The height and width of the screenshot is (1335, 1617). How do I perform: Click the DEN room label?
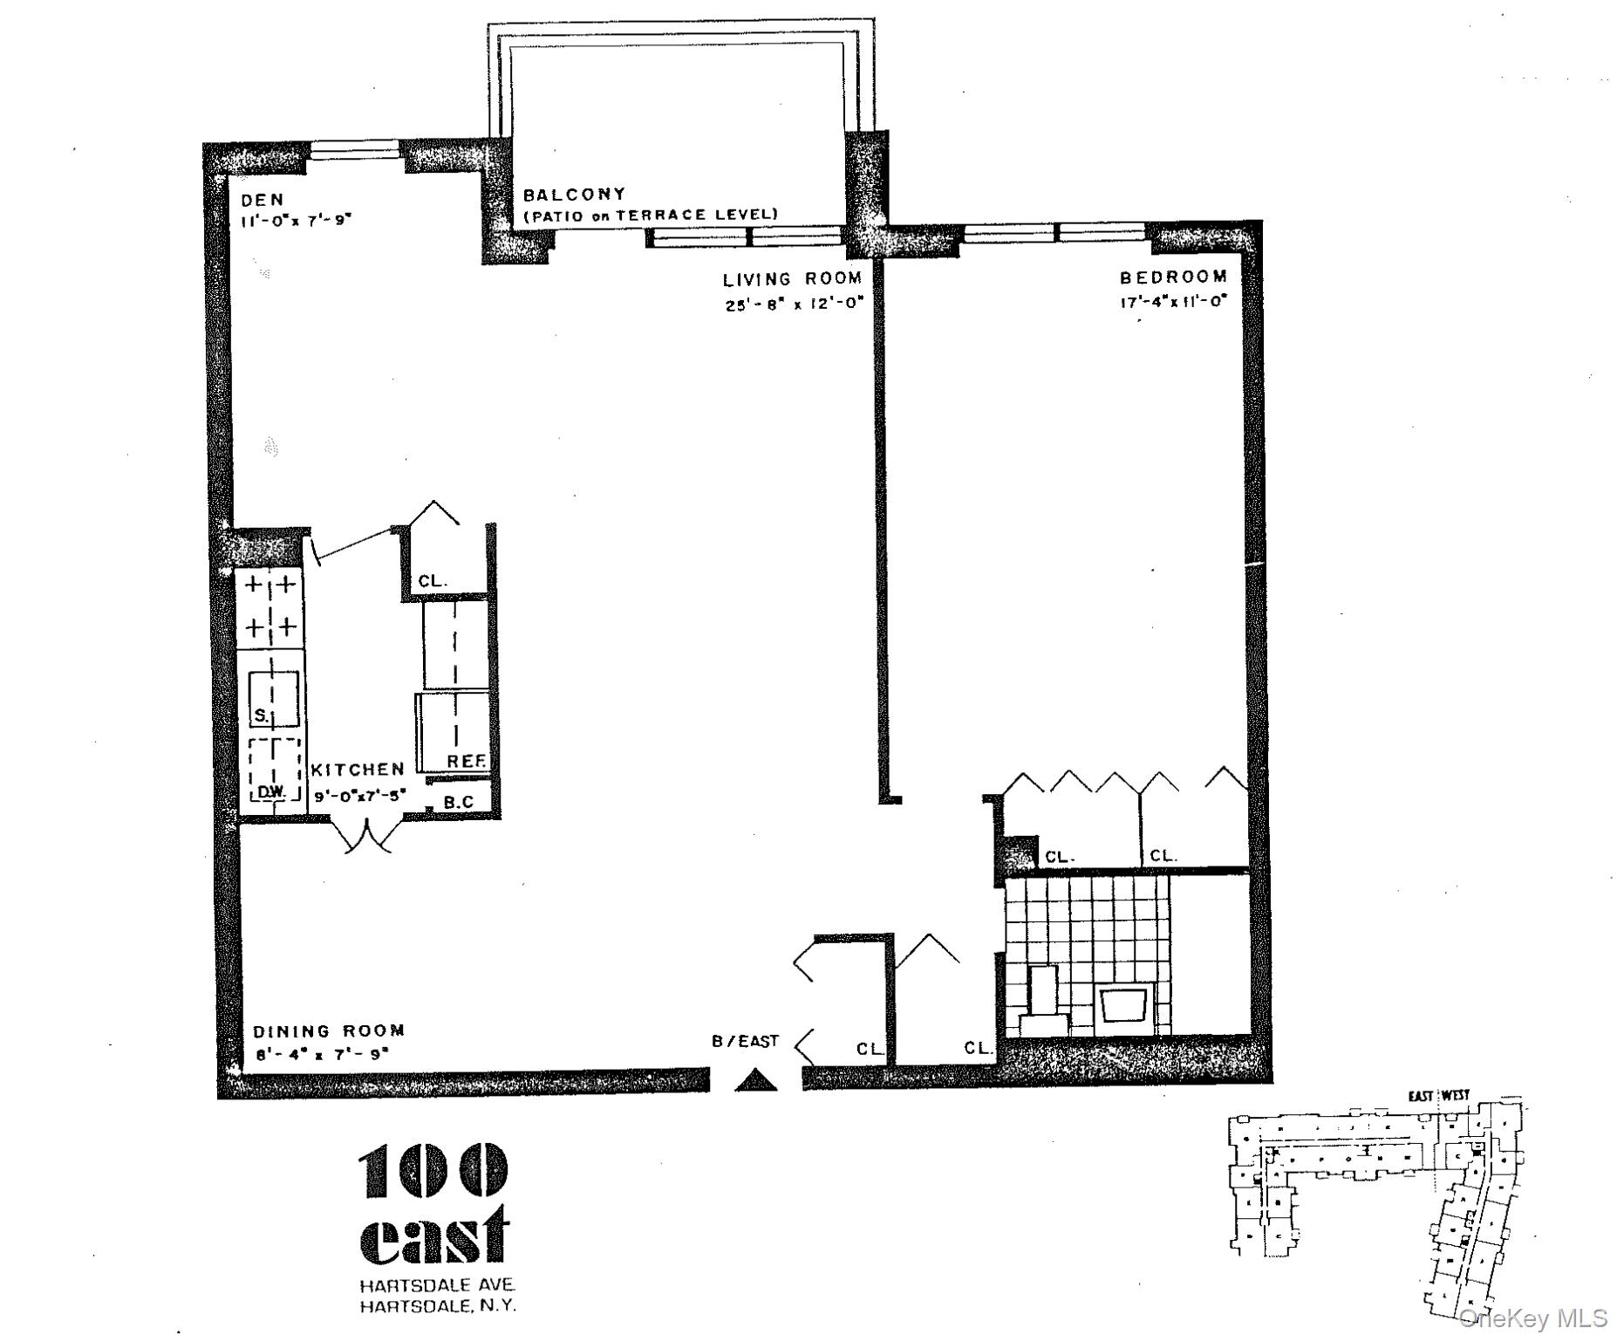(x=263, y=200)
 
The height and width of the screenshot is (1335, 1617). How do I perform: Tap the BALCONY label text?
(x=574, y=195)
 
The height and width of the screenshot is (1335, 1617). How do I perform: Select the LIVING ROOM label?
(x=792, y=279)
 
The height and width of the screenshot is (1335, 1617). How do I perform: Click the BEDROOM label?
(x=1173, y=277)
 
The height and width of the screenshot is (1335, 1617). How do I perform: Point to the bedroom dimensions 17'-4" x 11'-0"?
(x=1173, y=302)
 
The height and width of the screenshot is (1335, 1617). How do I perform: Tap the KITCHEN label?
(x=358, y=770)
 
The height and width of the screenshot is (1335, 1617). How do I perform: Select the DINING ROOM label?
(x=329, y=1030)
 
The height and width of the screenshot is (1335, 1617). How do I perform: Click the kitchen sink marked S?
(x=273, y=699)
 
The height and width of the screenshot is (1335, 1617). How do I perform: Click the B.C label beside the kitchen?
(x=459, y=802)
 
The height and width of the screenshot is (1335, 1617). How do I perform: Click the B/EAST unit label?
(x=745, y=1041)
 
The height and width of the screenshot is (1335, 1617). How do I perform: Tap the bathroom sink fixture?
(x=1124, y=1005)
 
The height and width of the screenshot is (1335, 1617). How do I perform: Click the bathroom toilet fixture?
(x=1043, y=1003)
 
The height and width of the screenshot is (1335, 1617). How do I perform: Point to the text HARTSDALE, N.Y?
(x=438, y=1306)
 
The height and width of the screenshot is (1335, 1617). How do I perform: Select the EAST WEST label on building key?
(x=1438, y=1095)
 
